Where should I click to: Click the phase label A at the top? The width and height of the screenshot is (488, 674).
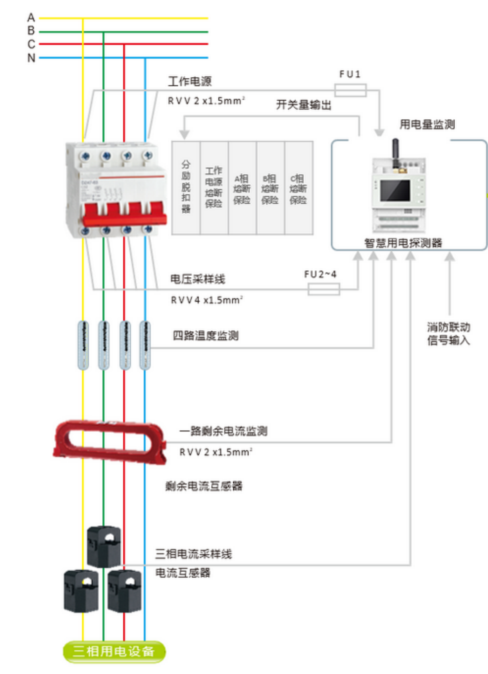pos(31,18)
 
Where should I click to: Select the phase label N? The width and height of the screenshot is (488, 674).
pos(31,58)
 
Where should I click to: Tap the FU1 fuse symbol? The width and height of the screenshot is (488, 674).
pos(350,90)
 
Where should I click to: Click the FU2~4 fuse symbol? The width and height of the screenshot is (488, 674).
pos(324,290)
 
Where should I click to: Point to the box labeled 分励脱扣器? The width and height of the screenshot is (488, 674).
pos(186,188)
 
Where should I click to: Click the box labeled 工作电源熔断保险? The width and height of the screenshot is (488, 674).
pos(214,188)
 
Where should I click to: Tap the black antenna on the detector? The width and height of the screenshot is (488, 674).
pos(396,153)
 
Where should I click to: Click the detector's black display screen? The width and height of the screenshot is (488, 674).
pos(395,190)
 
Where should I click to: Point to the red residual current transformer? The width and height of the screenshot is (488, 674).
pos(110,441)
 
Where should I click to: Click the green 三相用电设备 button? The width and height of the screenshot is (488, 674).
pos(114,652)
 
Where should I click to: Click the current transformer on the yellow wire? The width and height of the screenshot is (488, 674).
pos(82,590)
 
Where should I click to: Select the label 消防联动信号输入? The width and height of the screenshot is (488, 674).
pos(448,333)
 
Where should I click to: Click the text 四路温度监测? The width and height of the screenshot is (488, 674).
pos(206,335)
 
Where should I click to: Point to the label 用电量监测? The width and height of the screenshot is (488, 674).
pos(427,125)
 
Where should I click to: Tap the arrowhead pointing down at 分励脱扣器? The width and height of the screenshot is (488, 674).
pos(184,134)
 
